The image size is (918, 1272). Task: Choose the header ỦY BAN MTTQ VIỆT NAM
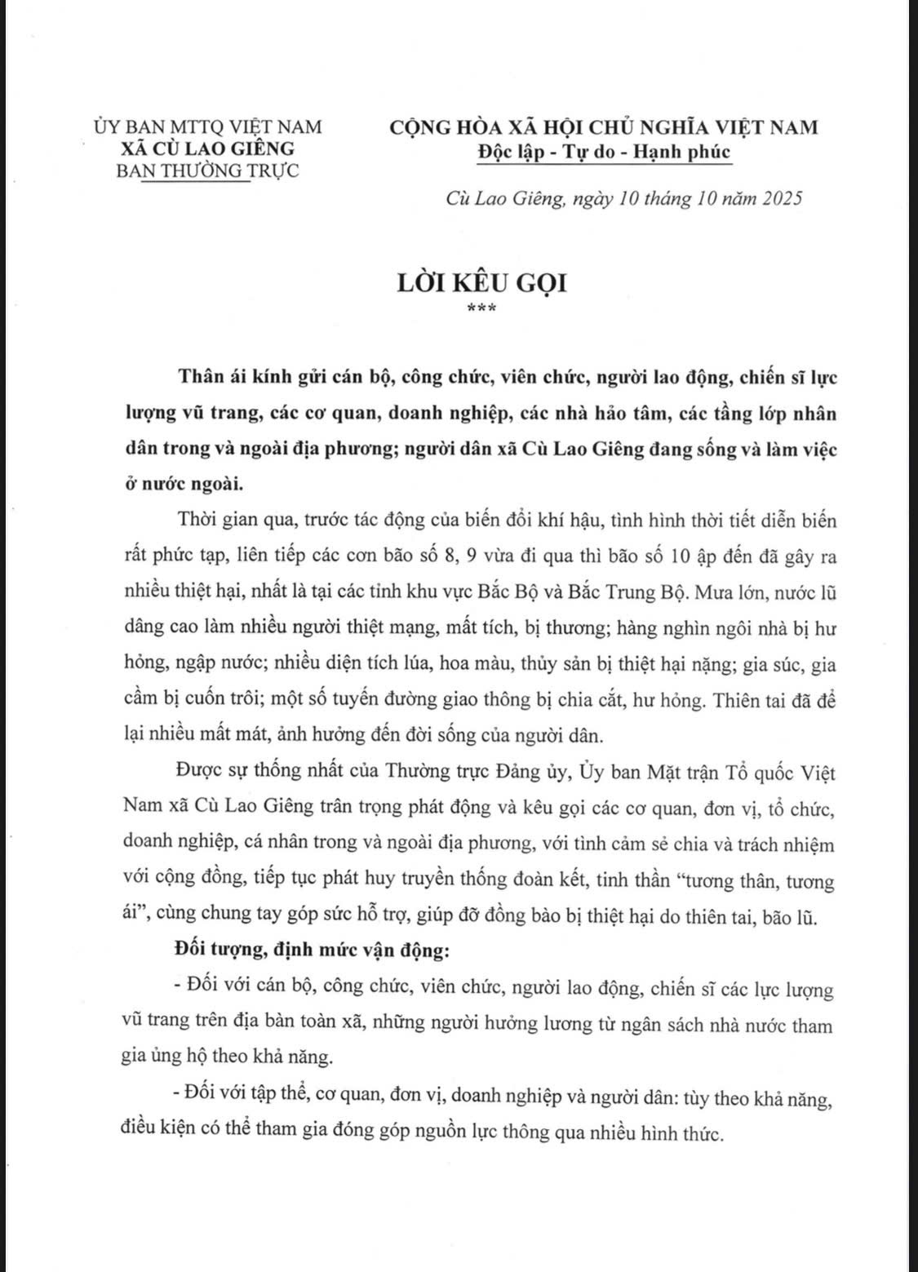tap(208, 126)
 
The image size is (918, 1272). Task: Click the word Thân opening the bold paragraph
tap(198, 379)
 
